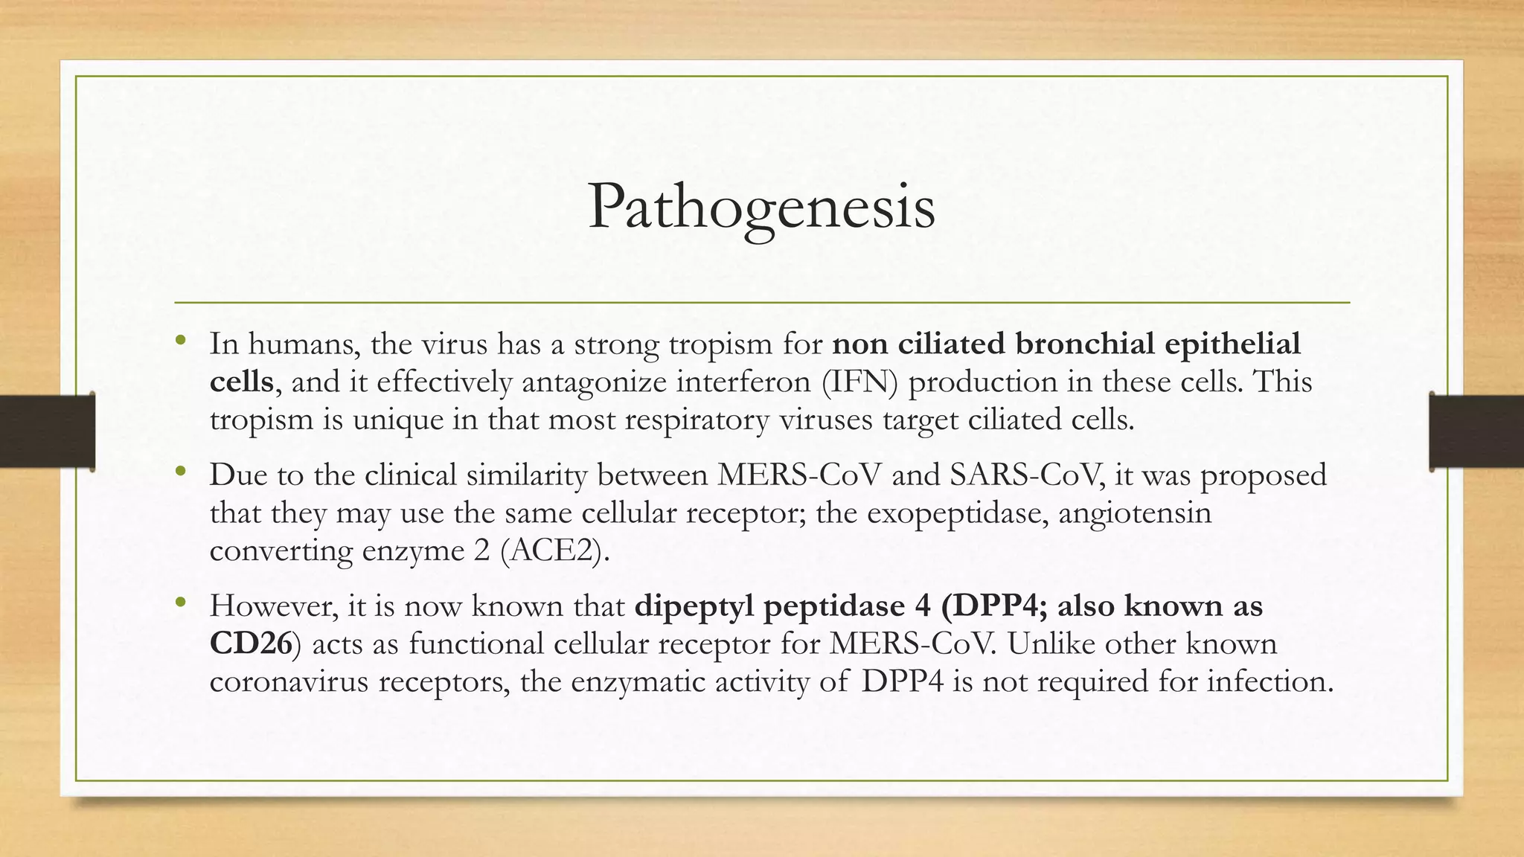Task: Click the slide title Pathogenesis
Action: pyautogui.click(x=761, y=208)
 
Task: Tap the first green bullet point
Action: pyautogui.click(x=181, y=341)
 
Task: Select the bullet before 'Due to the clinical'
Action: pyautogui.click(x=181, y=472)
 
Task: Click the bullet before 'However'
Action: pyautogui.click(x=181, y=603)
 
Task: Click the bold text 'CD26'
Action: pyautogui.click(x=251, y=644)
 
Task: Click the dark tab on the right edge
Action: pyautogui.click(x=1477, y=431)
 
